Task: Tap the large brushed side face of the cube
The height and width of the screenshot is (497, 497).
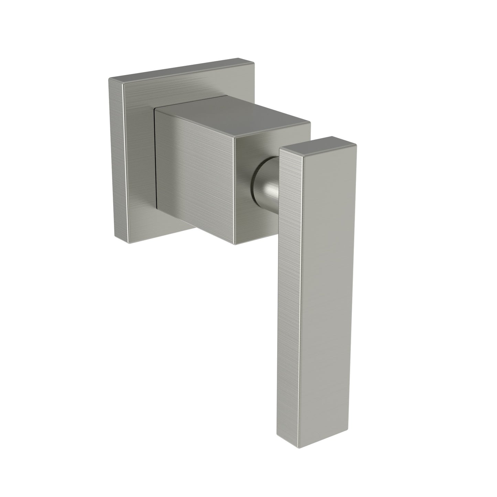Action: pos(196,175)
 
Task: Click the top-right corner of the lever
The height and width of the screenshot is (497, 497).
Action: pos(356,144)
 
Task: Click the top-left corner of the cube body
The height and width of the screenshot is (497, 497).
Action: pos(155,109)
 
